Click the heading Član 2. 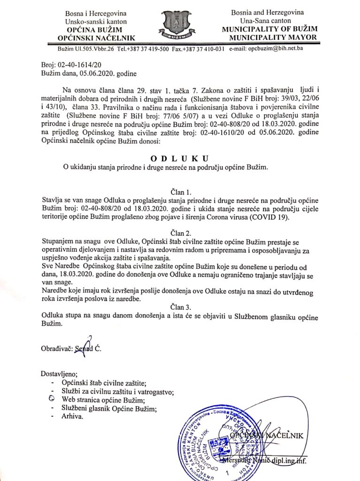coord(180,233)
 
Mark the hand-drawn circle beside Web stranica coord(52,400)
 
